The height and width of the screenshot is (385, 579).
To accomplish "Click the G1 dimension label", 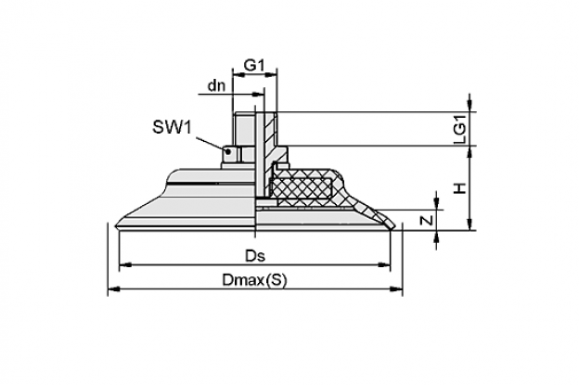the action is coord(255,65).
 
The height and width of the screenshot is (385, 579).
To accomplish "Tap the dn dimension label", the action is coord(217,85).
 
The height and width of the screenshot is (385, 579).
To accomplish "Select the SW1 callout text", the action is coord(173,127).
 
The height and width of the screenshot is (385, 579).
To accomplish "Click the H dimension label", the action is coord(460,188).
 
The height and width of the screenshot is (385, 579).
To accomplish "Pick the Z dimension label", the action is coord(427,221).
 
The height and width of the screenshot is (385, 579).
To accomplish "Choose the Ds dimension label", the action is coord(255,256).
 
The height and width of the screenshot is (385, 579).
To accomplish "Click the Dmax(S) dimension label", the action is coord(254,280).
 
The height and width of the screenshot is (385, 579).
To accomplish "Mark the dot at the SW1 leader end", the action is coord(229,151).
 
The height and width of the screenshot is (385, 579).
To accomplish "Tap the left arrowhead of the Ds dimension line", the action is coord(125,264).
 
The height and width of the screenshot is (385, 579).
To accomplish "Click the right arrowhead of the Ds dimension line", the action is coord(384,264).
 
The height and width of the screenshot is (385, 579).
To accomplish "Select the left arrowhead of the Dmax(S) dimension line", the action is coord(114,289).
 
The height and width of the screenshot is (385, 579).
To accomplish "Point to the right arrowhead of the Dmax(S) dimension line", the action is coord(396,289).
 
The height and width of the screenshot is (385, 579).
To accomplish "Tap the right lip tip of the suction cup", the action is coord(393,226).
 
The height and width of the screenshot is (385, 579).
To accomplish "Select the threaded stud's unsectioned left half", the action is coord(244,129).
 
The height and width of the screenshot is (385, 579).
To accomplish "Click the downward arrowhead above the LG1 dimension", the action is coord(470,105).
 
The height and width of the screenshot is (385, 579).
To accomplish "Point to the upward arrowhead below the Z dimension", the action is coord(436,237).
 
